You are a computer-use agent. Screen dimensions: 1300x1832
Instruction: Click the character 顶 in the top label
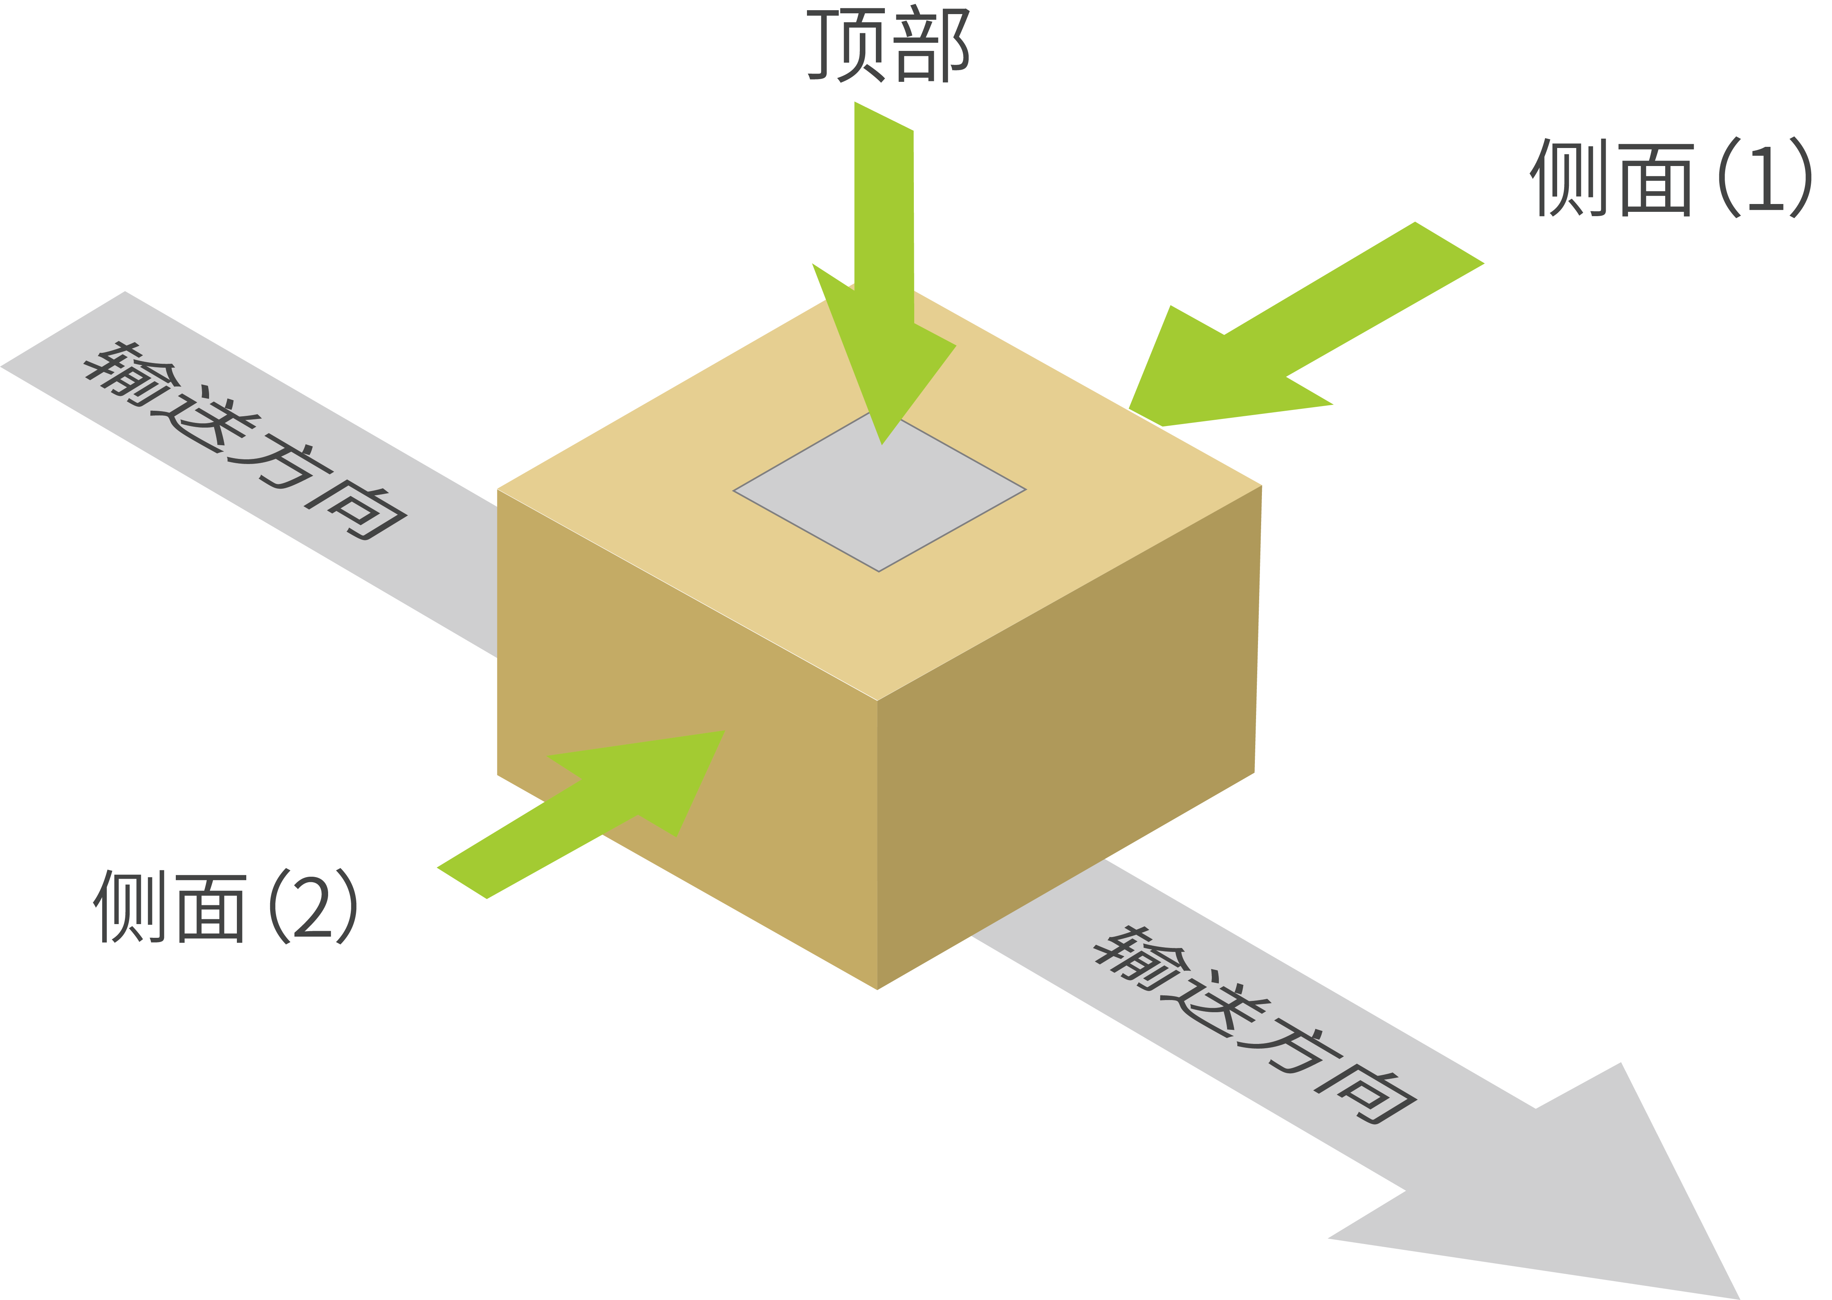[846, 46]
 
